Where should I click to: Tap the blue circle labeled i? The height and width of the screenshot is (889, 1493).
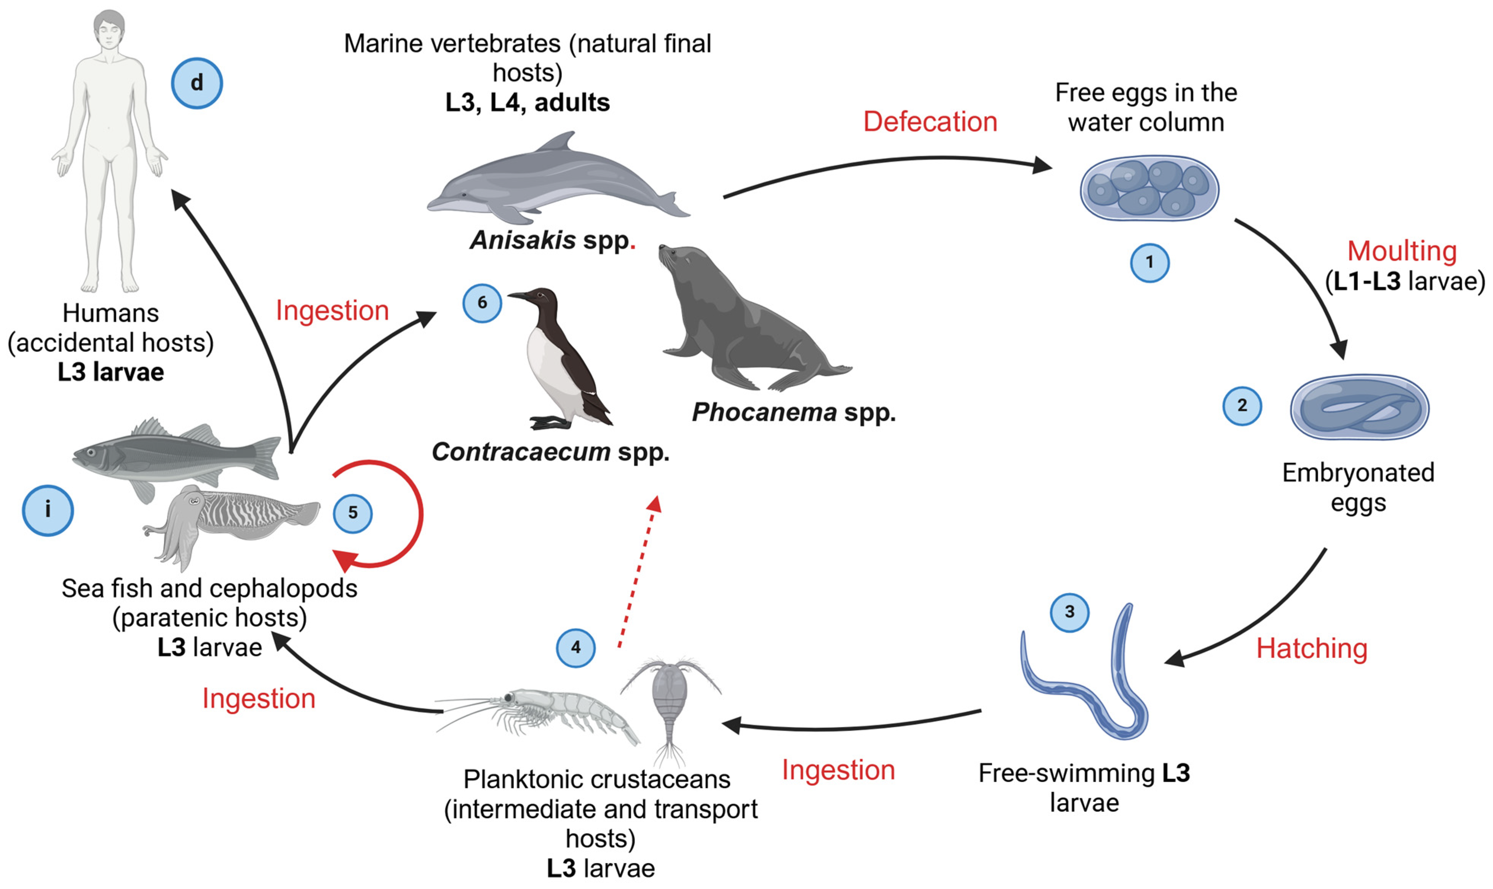point(48,511)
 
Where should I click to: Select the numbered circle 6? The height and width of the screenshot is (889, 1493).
point(482,303)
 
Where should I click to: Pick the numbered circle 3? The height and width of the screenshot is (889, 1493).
point(1069,612)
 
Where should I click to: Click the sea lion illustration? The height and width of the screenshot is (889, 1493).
point(743,324)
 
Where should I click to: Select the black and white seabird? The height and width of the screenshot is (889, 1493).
point(560,359)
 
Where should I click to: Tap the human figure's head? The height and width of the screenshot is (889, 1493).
point(109,30)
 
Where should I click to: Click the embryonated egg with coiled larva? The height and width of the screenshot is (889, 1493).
point(1359,407)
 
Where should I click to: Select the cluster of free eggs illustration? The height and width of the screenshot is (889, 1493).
point(1149,187)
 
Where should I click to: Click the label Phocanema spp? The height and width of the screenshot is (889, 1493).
point(794,412)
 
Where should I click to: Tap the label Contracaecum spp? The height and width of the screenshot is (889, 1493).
point(550,452)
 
